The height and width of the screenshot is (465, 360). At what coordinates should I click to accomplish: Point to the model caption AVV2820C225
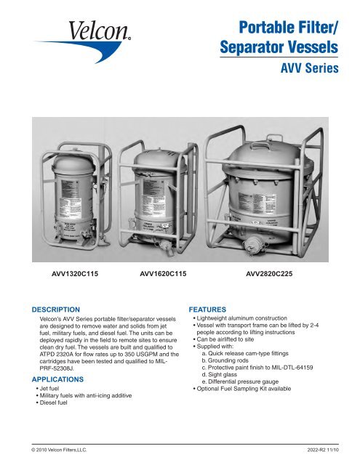(x=273, y=276)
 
